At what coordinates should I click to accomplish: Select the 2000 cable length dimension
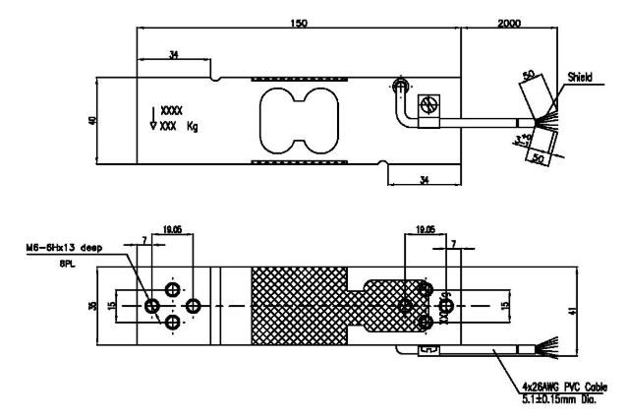point(510,20)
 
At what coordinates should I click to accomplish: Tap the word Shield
point(578,76)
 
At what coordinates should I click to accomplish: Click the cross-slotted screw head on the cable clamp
point(427,103)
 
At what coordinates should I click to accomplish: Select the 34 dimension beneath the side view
point(424,178)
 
